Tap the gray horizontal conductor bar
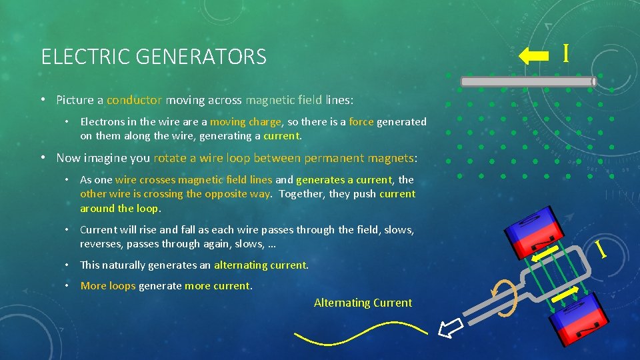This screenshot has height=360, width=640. (527, 82)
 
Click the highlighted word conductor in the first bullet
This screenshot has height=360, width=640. (134, 100)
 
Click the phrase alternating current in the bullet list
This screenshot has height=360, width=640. (261, 265)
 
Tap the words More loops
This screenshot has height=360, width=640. (108, 285)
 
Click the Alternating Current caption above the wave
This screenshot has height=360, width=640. (363, 303)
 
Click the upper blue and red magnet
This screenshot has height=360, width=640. (527, 230)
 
